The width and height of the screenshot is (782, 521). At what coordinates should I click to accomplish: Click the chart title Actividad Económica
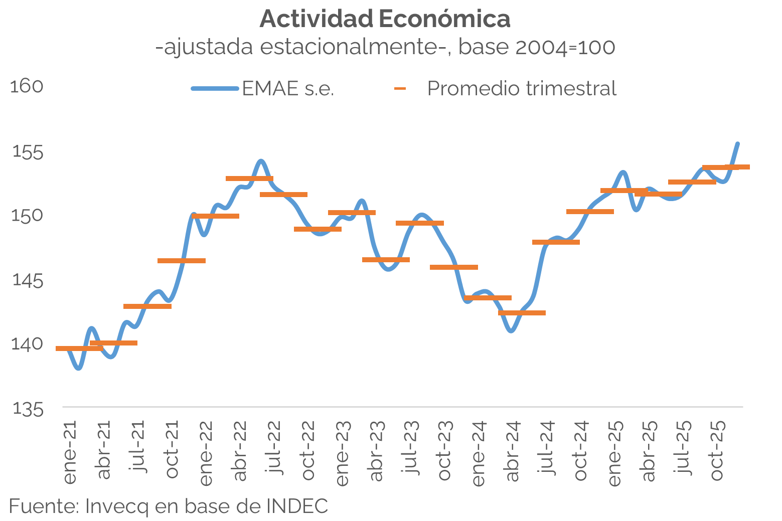click(385, 20)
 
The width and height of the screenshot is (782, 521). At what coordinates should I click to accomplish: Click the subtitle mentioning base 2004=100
click(385, 47)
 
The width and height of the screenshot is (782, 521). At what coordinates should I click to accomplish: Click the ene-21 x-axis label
click(70, 452)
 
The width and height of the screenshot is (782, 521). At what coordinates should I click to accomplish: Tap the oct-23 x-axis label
click(444, 450)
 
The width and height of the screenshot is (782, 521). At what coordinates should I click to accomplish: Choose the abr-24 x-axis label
click(513, 450)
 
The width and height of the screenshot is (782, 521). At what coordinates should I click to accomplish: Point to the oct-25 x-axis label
click(717, 450)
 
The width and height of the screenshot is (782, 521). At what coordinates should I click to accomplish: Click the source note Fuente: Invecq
click(169, 506)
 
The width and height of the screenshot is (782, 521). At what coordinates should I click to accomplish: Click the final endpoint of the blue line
click(738, 144)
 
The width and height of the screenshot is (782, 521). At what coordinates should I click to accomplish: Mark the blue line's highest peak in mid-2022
click(261, 161)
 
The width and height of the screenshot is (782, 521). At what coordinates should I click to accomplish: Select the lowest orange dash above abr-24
click(522, 313)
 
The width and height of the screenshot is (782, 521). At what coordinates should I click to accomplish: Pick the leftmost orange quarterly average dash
click(79, 349)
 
